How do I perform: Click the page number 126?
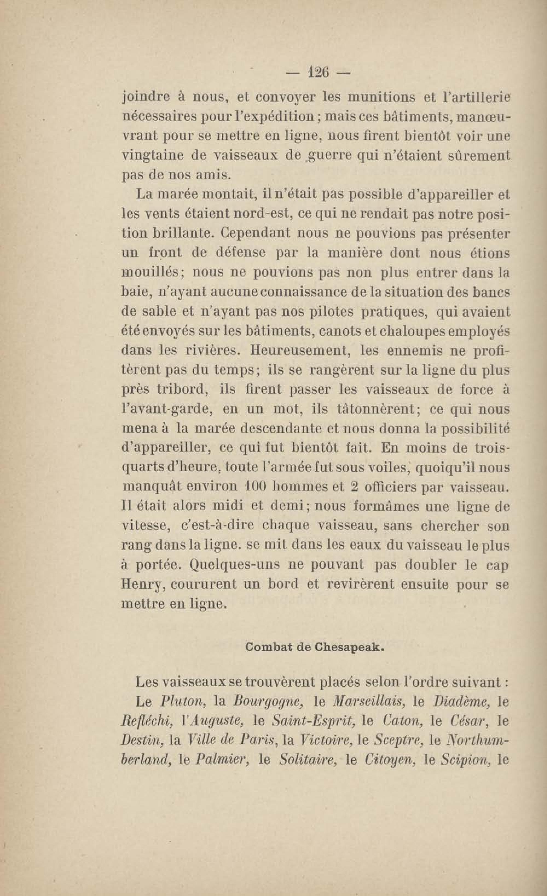(x=318, y=73)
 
